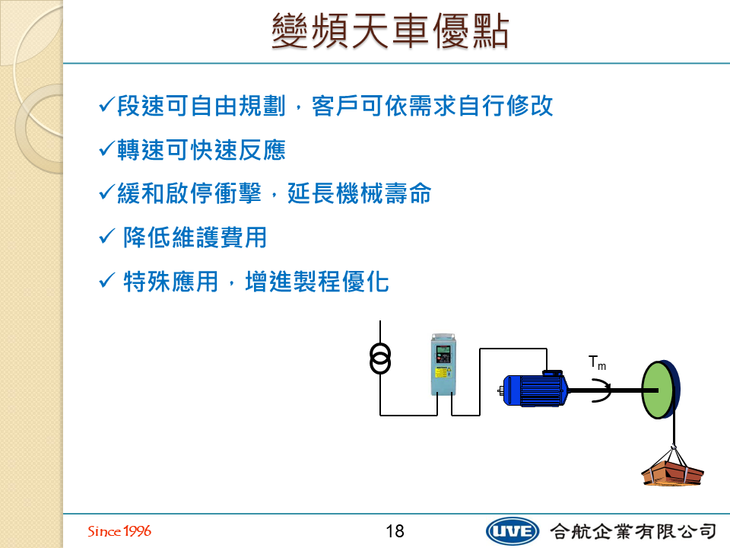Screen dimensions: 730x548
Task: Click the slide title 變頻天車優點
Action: click(390, 30)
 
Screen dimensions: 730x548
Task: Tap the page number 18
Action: click(395, 531)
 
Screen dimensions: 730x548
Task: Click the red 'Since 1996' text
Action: click(119, 530)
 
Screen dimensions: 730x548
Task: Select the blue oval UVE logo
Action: click(512, 531)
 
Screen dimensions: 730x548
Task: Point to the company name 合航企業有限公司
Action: click(633, 531)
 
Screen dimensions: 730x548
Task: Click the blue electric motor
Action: click(534, 389)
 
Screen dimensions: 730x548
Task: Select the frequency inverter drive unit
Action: click(443, 365)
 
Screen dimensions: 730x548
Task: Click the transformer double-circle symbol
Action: click(380, 358)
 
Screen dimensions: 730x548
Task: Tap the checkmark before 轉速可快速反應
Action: click(106, 148)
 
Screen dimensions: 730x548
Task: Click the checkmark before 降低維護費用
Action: click(106, 236)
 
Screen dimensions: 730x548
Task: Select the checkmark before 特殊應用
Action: click(106, 280)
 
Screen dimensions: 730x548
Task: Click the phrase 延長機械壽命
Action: click(360, 193)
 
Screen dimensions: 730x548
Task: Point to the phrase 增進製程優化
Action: click(317, 282)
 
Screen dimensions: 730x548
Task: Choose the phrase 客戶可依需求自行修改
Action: click(432, 105)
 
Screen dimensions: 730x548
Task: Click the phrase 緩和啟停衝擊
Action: click(189, 193)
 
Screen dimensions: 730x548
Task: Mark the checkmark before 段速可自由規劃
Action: click(106, 104)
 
